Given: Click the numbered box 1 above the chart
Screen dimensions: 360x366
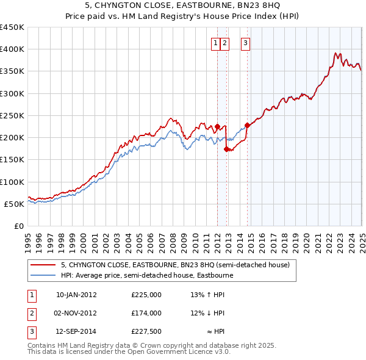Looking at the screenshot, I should pyautogui.click(x=217, y=43).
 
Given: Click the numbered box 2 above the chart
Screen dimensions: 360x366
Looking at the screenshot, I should pyautogui.click(x=225, y=43).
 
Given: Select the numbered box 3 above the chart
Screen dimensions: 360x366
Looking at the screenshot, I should pyautogui.click(x=245, y=43).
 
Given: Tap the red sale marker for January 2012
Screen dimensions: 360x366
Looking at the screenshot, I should pyautogui.click(x=217, y=126).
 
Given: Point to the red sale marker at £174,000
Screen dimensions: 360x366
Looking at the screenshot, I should pyautogui.click(x=226, y=149).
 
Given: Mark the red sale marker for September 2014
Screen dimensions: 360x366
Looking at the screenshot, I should pyautogui.click(x=247, y=126).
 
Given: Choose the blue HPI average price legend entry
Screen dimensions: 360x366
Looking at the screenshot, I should pyautogui.click(x=146, y=275).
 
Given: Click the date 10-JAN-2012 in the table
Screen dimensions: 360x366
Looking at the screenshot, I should pyautogui.click(x=76, y=295).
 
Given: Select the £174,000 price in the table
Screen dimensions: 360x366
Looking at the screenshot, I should pyautogui.click(x=146, y=313).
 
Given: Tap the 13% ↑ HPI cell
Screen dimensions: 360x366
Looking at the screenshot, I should pyautogui.click(x=207, y=295).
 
